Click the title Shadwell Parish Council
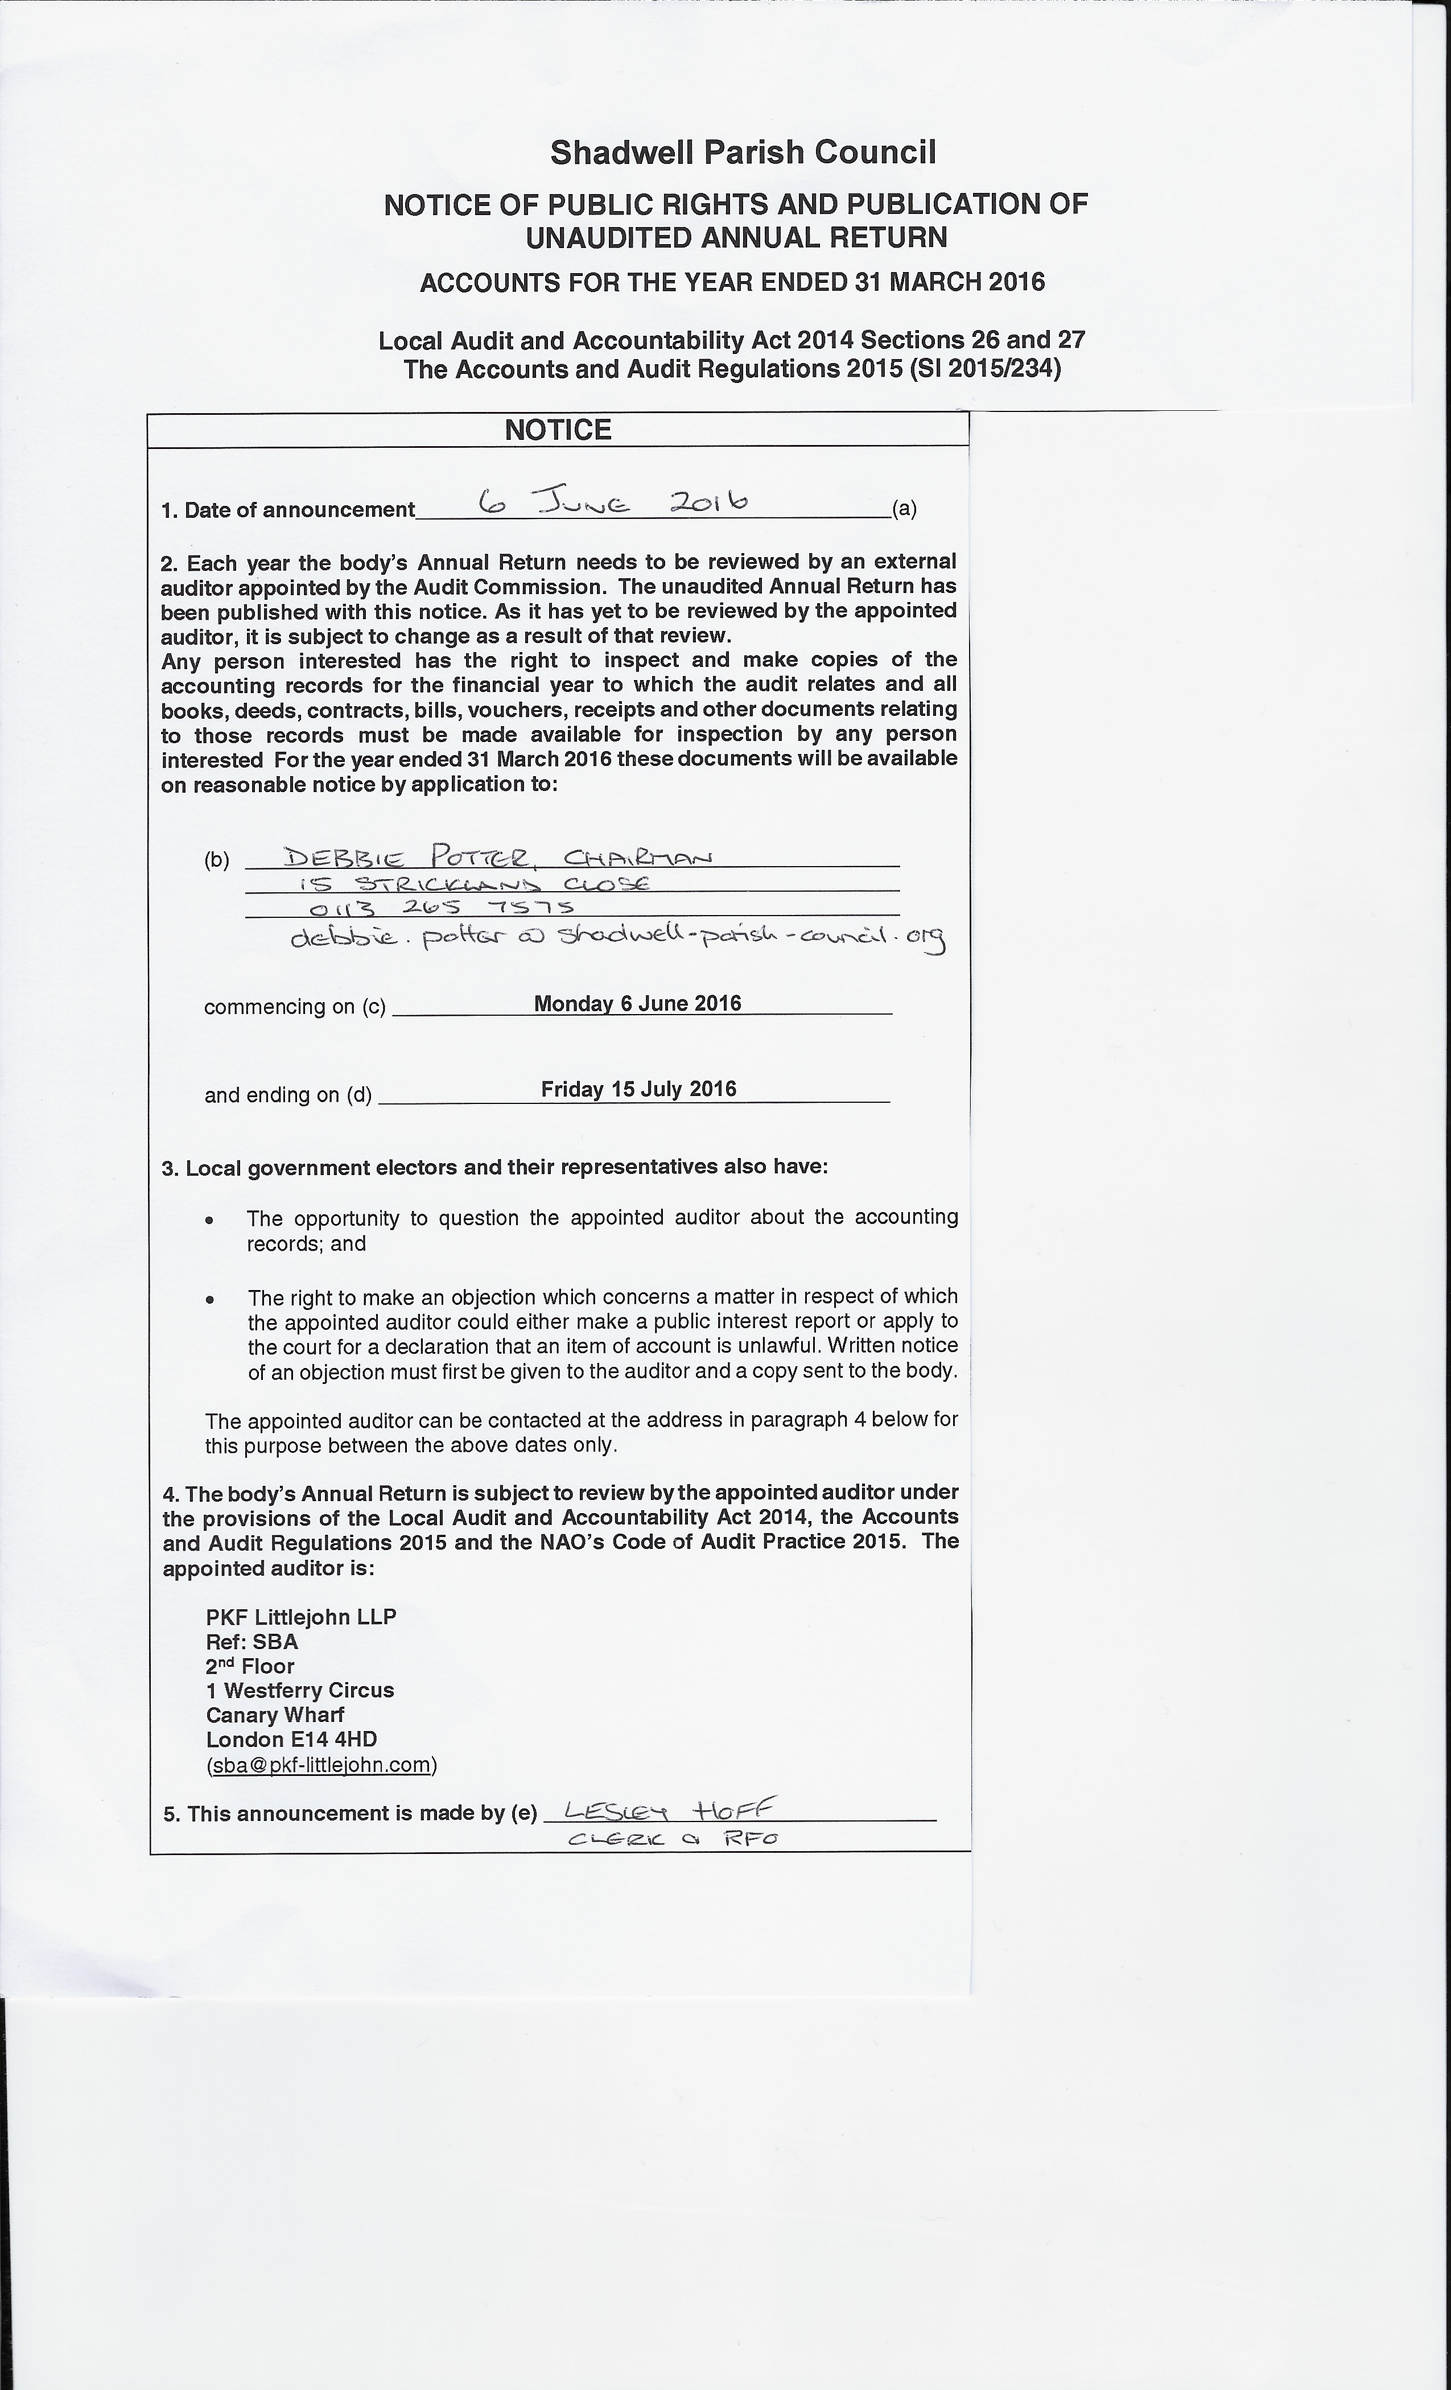point(743,153)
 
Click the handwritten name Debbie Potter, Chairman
point(497,856)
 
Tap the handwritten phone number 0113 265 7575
point(442,908)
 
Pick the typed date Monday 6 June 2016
point(637,1003)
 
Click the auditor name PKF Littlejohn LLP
point(300,1617)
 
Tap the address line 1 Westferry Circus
point(300,1690)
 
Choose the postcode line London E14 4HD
point(291,1739)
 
